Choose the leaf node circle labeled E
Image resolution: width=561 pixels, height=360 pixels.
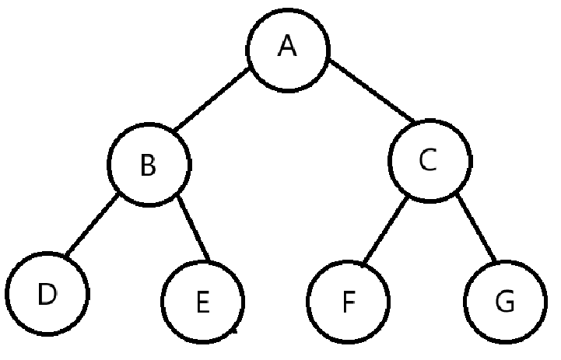click(x=202, y=301)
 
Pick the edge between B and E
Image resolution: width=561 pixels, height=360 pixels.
click(x=195, y=229)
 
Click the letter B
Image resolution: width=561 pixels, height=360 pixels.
click(x=147, y=166)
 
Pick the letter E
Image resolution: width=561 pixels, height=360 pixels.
click(x=202, y=302)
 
